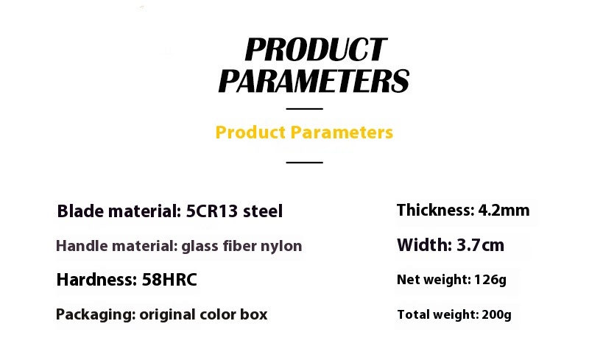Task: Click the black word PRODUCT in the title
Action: [316, 49]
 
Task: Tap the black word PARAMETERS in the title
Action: [314, 81]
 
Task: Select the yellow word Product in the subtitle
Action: [250, 133]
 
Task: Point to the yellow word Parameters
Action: [342, 133]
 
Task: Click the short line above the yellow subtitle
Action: [304, 109]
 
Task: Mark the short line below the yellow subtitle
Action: [304, 163]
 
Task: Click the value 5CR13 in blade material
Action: [212, 211]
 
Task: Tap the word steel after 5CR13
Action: [263, 211]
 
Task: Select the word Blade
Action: [80, 211]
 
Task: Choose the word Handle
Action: [81, 246]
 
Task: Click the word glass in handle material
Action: [200, 247]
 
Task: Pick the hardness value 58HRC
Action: [169, 280]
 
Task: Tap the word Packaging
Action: [96, 315]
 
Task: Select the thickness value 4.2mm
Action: [504, 210]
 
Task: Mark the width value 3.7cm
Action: [481, 245]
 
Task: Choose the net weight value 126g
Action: [490, 280]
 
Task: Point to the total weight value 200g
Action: [496, 315]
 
